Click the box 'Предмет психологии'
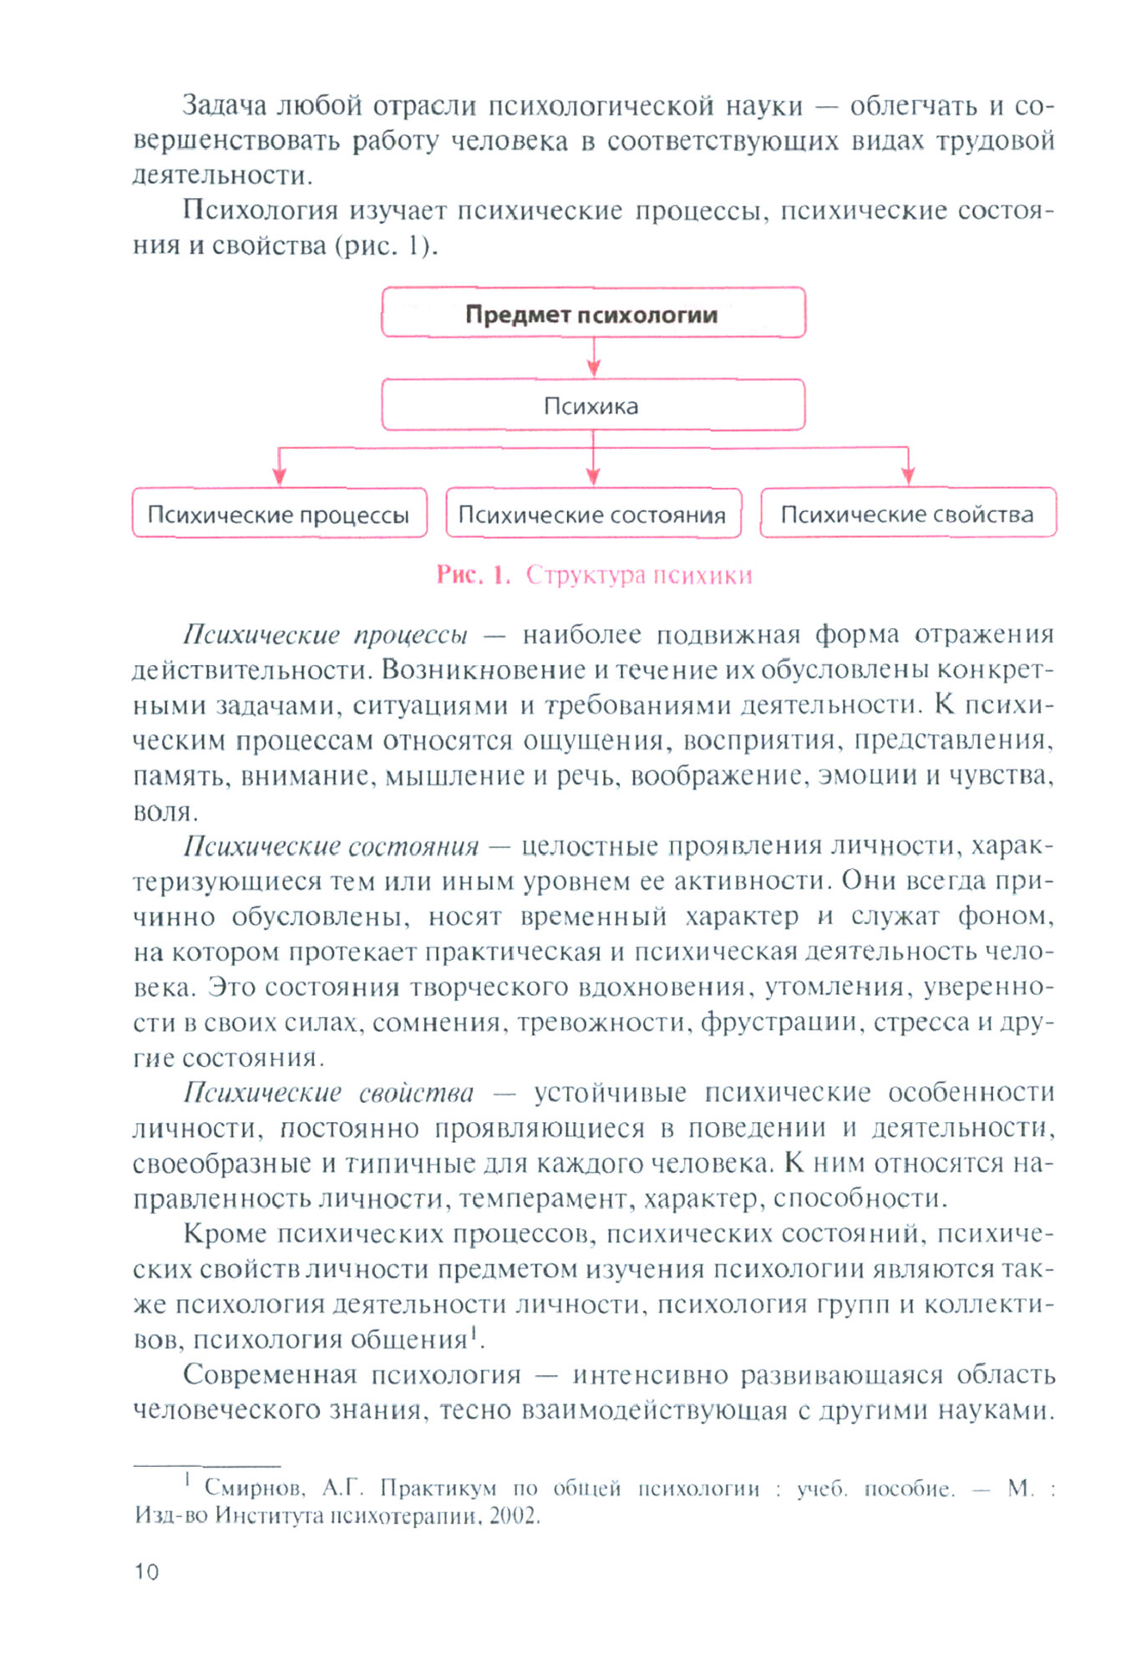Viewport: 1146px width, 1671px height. [593, 313]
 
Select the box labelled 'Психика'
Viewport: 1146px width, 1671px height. [593, 405]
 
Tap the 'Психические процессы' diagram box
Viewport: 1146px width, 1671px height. [279, 513]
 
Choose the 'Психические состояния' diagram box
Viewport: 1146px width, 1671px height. [593, 513]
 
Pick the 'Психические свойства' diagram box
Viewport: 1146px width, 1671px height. [908, 513]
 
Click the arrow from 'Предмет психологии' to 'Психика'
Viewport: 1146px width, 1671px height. [593, 358]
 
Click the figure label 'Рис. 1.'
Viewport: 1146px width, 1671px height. [473, 575]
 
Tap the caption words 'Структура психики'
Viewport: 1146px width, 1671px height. [639, 575]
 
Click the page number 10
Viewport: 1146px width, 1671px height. [146, 1572]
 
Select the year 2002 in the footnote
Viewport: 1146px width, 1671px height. [514, 1516]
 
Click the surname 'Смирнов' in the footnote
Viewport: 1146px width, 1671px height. [254, 1488]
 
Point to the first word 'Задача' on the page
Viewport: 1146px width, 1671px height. [225, 106]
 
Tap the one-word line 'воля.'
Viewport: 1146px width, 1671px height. [165, 811]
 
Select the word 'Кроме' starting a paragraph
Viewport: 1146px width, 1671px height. [225, 1234]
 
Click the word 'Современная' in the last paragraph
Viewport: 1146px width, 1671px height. [268, 1374]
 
